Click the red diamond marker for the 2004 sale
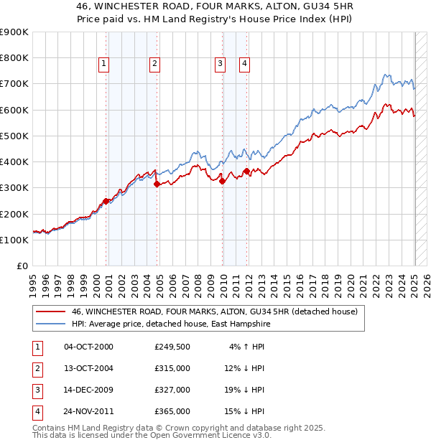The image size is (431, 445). (157, 184)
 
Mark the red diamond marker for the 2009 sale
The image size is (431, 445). (222, 181)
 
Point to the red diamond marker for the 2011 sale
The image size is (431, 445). (246, 171)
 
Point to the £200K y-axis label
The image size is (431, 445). (14, 214)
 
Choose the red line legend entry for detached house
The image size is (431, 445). (208, 312)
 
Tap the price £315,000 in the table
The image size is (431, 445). (172, 368)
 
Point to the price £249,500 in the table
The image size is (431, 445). (172, 347)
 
